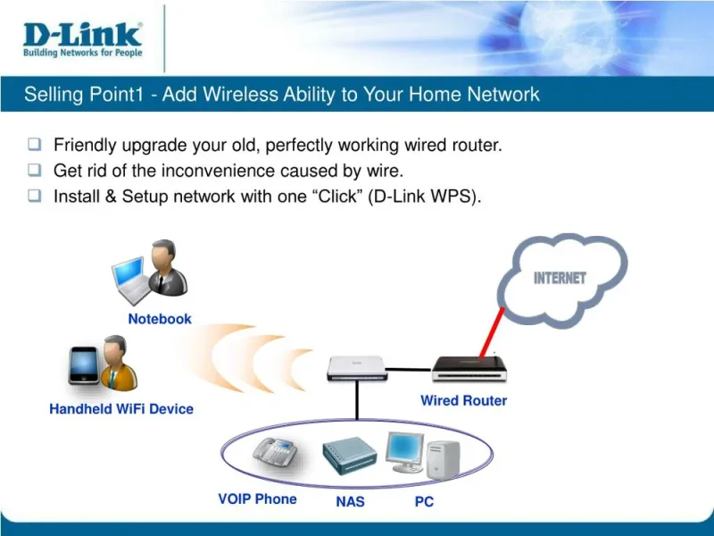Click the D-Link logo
[x=82, y=39]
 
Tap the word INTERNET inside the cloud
[x=560, y=278]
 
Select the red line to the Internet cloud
[x=492, y=332]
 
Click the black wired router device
[x=469, y=369]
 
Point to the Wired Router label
[x=463, y=400]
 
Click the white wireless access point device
[x=358, y=368]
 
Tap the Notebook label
[x=160, y=319]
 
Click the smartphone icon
[x=84, y=365]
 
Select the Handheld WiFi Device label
[x=121, y=409]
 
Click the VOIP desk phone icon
[x=276, y=452]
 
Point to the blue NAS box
[x=350, y=456]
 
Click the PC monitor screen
[x=404, y=449]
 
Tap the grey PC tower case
[x=443, y=460]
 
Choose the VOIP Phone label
[x=257, y=499]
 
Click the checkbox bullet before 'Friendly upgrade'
[x=35, y=145]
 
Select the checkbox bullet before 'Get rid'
[x=35, y=170]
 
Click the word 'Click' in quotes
[x=337, y=197]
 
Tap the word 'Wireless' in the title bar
[x=240, y=95]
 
